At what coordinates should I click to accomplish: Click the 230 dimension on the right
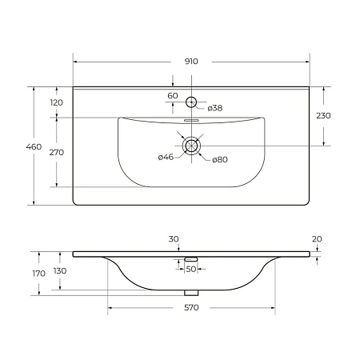click(x=323, y=116)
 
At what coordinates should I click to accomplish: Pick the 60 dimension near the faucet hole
click(x=173, y=95)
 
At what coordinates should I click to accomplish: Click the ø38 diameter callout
click(x=214, y=108)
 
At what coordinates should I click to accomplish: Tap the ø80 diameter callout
click(x=220, y=159)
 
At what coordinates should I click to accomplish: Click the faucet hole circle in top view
click(x=191, y=102)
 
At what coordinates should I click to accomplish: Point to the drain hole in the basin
click(x=191, y=146)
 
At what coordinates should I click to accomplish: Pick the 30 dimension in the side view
click(x=174, y=239)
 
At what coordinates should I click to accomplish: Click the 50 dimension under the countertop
click(x=190, y=269)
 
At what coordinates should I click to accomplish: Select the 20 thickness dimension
click(x=318, y=239)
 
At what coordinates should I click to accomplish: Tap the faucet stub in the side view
click(x=191, y=259)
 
